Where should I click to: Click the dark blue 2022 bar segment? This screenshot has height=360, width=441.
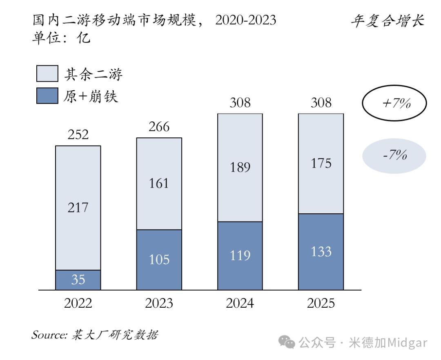click(x=78, y=280)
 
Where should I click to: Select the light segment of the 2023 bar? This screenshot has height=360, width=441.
click(x=159, y=183)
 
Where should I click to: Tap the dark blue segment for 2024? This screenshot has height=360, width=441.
click(x=240, y=256)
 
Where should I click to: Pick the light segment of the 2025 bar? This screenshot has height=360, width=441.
click(x=321, y=163)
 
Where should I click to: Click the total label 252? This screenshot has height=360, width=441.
click(x=78, y=135)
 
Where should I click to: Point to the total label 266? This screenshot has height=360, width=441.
click(x=159, y=127)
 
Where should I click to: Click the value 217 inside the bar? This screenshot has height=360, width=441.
click(x=78, y=208)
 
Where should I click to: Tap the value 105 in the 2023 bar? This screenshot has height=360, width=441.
click(x=159, y=259)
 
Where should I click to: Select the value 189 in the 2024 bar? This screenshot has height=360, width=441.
click(x=240, y=168)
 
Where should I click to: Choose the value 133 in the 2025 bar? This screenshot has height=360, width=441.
click(x=321, y=252)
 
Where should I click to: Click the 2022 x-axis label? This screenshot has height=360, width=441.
click(x=78, y=304)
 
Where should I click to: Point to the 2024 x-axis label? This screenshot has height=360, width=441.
click(x=240, y=304)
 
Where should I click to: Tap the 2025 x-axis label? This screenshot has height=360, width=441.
click(x=321, y=304)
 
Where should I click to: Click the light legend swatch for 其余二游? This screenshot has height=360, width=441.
click(x=47, y=74)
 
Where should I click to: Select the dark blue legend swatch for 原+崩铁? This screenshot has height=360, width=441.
click(x=47, y=96)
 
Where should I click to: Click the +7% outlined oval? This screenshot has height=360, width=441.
click(x=394, y=103)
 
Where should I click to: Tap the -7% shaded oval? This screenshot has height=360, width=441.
click(x=394, y=156)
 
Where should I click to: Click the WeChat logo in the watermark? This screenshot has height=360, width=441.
click(x=290, y=342)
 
